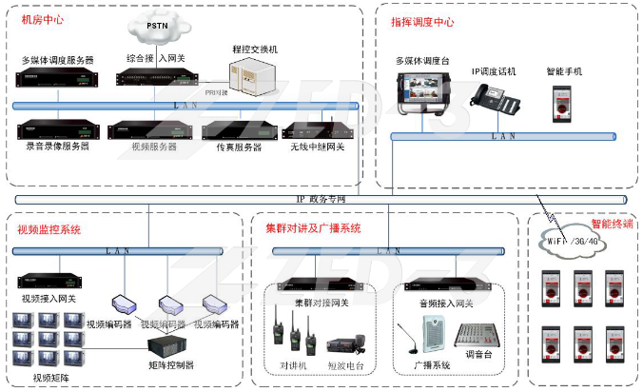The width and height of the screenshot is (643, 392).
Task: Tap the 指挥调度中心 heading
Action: click(422, 20)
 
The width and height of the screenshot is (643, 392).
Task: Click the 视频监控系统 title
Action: click(49, 229)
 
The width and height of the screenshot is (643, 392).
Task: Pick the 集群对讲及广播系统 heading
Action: click(314, 228)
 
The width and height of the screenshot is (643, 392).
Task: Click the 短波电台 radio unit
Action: click(345, 345)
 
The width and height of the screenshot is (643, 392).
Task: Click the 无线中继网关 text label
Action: click(318, 147)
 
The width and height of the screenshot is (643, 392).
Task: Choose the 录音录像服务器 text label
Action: click(57, 147)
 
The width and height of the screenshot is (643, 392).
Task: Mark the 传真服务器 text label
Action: click(232, 147)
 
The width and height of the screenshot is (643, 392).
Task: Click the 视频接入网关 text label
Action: click(48, 298)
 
